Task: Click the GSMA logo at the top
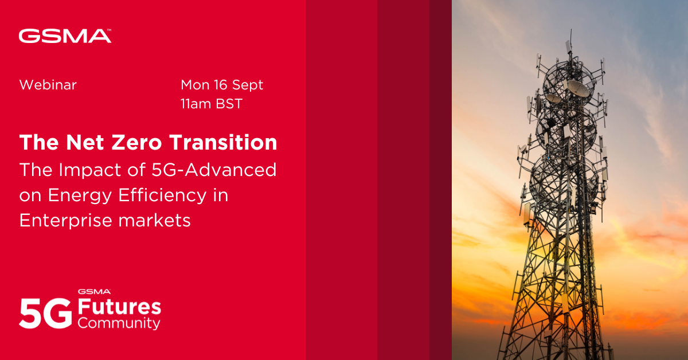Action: pos(65,36)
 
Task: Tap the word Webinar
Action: pos(48,85)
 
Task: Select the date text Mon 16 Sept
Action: pos(222,85)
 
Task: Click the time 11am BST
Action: pos(212,104)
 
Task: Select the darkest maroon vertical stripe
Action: pos(440,180)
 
